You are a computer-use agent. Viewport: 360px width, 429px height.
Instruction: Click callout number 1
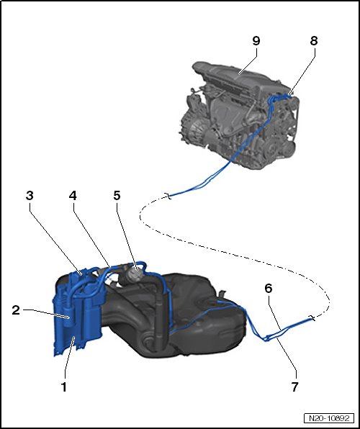coord(64,387)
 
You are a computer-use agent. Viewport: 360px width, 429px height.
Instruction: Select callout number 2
coord(16,310)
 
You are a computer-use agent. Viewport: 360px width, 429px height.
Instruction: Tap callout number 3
coord(30,195)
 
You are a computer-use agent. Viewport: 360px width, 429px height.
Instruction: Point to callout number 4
coord(73,195)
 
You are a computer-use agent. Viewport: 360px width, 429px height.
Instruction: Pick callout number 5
coord(117,195)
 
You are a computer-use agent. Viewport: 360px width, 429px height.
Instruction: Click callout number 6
coord(269,288)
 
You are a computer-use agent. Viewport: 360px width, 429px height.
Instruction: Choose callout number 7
coord(294,387)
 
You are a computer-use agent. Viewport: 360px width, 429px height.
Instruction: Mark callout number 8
coord(314,41)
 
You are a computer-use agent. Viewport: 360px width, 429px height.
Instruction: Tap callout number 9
coord(256,41)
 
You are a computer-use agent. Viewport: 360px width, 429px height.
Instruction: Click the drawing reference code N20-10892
coord(329,418)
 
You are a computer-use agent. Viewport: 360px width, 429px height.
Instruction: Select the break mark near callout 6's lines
coord(312,317)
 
